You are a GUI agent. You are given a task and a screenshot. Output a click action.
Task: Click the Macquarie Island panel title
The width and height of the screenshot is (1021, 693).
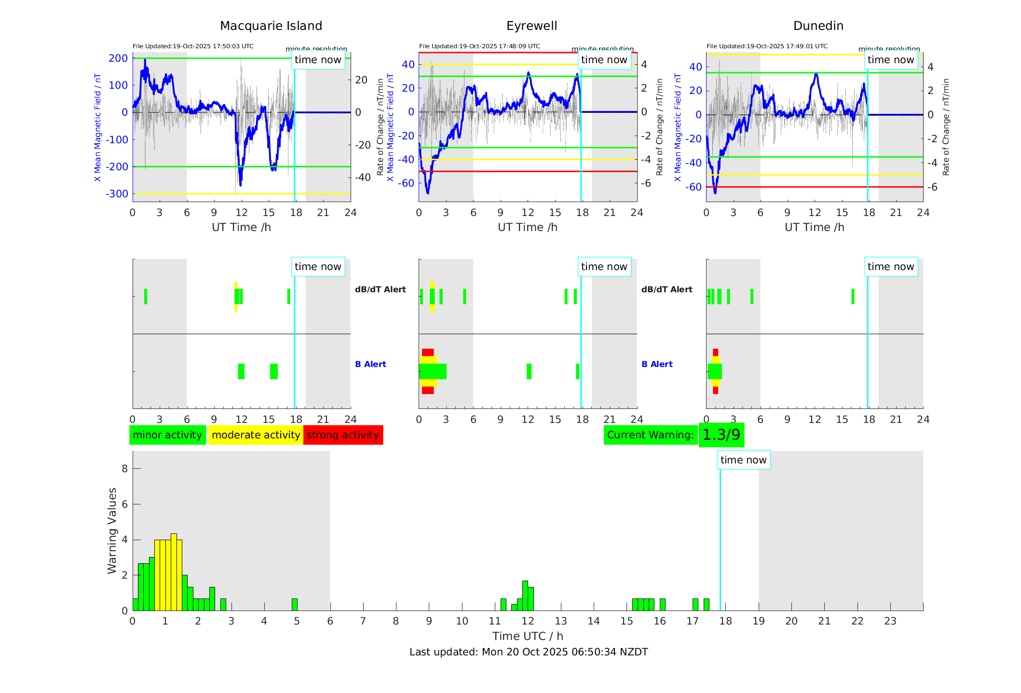click(271, 26)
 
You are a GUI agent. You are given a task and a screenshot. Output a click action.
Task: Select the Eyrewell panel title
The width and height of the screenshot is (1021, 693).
click(531, 26)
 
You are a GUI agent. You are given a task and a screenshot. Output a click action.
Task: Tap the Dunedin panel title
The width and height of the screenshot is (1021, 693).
click(818, 26)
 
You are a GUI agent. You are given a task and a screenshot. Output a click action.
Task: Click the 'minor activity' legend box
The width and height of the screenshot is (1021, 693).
click(167, 435)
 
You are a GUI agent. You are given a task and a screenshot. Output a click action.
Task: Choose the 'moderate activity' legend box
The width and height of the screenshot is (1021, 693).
click(256, 435)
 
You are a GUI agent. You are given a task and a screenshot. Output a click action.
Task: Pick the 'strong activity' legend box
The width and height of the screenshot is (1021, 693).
click(343, 435)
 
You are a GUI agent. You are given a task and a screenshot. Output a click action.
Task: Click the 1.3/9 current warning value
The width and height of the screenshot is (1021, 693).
click(721, 435)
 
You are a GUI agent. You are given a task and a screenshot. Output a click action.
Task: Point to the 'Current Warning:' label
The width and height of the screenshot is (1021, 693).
click(650, 435)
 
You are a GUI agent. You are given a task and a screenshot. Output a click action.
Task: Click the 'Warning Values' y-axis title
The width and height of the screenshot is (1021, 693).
click(112, 530)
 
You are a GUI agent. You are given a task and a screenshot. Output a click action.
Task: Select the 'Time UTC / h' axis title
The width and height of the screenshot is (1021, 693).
click(528, 636)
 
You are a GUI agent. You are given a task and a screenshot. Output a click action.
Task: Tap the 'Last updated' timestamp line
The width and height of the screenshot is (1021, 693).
click(529, 652)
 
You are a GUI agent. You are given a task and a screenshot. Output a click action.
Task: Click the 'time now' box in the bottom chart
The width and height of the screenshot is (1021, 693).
click(743, 460)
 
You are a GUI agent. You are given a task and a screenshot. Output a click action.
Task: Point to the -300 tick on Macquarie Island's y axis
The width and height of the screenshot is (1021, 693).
click(117, 194)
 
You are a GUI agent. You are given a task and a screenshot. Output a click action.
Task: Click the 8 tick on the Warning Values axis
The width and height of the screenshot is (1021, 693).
click(125, 469)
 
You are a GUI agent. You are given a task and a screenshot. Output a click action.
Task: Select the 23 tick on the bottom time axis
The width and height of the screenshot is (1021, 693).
click(890, 621)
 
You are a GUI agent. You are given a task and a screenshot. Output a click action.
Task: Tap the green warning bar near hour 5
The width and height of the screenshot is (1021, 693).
click(295, 605)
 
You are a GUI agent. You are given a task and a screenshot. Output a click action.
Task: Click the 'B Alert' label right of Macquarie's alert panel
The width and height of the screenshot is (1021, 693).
click(370, 364)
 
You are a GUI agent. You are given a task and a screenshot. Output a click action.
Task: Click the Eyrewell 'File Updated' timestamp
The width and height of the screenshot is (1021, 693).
click(479, 46)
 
